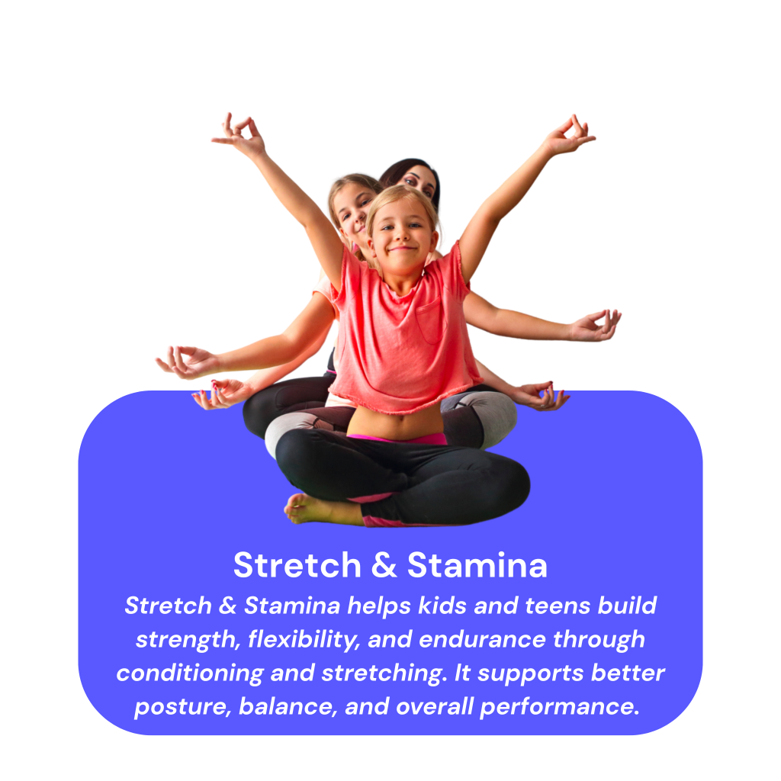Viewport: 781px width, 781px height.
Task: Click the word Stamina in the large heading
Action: (477, 566)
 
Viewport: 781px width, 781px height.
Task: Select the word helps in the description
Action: (379, 606)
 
